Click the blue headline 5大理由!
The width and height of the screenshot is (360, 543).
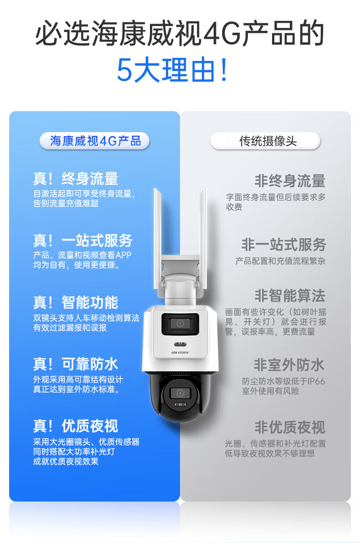173,70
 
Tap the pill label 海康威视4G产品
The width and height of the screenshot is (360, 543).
95,141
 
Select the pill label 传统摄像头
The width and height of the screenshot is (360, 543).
265,141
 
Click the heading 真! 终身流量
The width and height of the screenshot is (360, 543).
76,179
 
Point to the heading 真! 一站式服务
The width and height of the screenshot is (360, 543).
82,241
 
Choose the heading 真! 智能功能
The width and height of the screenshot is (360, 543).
76,302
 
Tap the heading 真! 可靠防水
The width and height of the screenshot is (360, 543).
76,364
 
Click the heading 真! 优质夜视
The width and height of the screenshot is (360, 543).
76,426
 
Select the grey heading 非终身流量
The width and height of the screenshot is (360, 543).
290,181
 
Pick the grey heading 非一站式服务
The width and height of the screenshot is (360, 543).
283,245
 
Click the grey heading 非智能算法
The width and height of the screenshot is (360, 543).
290,296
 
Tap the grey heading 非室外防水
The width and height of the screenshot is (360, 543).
289,365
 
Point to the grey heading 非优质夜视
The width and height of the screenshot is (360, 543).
290,427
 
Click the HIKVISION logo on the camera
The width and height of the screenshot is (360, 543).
180,353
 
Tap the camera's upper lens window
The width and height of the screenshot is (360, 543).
180,324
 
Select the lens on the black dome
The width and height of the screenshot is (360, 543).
180,394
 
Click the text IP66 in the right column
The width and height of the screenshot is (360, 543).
316,381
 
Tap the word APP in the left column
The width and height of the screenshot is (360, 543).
123,255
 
